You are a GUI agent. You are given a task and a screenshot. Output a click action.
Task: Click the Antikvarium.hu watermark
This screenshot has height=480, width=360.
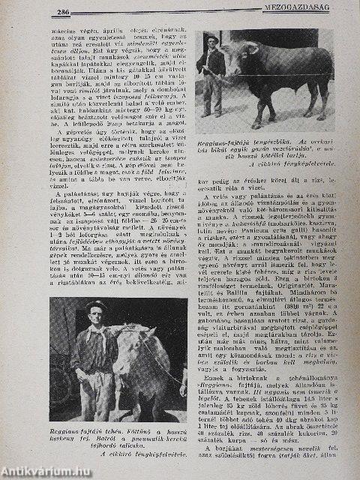(x=40, y=472)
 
